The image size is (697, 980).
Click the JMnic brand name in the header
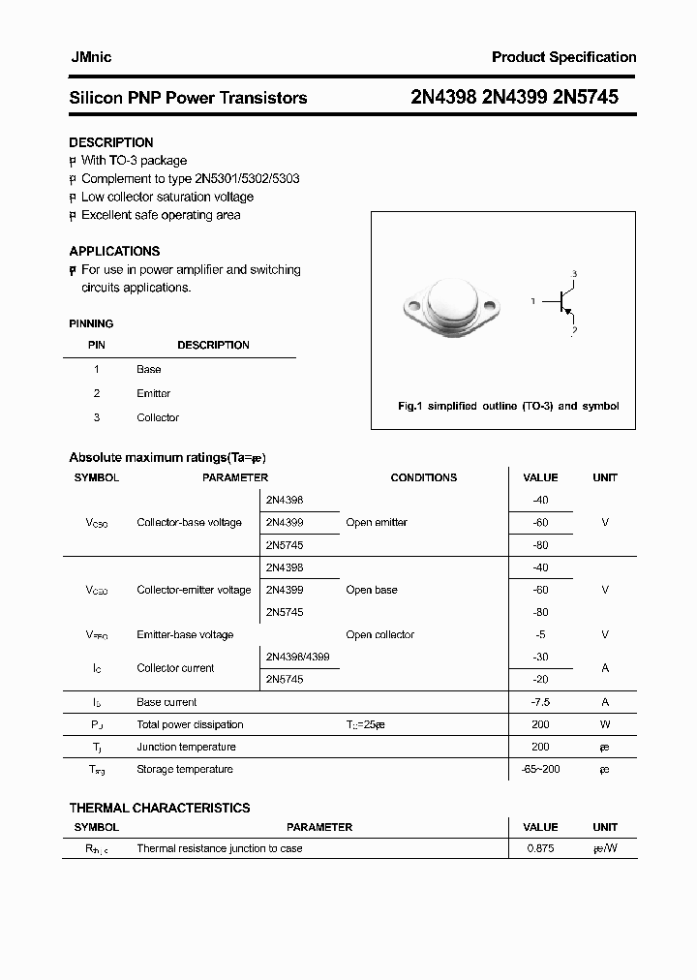[x=90, y=57]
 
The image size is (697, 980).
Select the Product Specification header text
[x=563, y=57]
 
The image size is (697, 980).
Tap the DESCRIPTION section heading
[x=111, y=142]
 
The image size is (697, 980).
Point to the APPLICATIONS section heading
[x=114, y=251]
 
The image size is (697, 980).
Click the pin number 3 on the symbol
[x=574, y=275]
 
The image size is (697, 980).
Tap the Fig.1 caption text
[x=508, y=407]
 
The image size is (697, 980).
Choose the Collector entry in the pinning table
[x=158, y=417]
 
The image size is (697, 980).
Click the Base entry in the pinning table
[x=149, y=369]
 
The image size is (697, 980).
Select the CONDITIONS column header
[x=423, y=477]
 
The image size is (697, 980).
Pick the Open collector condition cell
[x=379, y=635]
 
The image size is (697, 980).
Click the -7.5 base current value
[x=540, y=702]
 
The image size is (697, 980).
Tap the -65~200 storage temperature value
[x=540, y=769]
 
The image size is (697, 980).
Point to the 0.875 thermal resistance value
[x=540, y=848]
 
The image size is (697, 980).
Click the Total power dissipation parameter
[x=190, y=724]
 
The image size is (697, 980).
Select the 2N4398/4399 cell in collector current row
[x=297, y=657]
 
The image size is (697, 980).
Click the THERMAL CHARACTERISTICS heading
[x=160, y=808]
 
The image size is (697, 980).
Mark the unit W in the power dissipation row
[x=605, y=724]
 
